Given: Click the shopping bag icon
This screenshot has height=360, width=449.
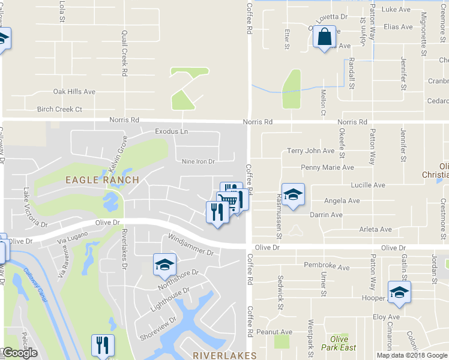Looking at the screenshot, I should [x=324, y=37].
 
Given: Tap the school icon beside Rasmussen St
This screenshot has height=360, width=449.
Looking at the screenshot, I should [x=292, y=194].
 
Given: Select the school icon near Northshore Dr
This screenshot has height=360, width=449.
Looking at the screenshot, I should [x=164, y=265].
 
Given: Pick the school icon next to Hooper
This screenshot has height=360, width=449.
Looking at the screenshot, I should [x=399, y=292].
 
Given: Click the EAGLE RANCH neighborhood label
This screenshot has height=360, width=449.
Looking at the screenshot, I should [x=102, y=179].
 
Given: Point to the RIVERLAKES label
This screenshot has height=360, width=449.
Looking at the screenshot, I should [x=225, y=355].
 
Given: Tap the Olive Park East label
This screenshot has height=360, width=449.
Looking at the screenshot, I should [x=339, y=343].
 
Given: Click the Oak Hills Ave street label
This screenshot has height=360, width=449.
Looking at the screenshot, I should [x=74, y=92].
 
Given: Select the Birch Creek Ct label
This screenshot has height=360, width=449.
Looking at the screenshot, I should [x=59, y=109].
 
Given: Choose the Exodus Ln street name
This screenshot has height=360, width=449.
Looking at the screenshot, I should [x=171, y=131].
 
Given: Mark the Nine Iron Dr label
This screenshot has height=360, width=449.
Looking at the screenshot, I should [x=198, y=161].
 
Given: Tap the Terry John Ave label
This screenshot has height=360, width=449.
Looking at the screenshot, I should [x=310, y=151].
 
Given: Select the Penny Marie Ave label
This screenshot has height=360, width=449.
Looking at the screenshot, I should [x=327, y=168].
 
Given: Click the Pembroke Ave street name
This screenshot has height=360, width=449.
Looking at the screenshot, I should [x=327, y=265].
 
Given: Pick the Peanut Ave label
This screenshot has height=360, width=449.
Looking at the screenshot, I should [x=274, y=332].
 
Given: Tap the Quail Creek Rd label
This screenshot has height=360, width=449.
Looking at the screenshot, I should [x=125, y=53].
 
